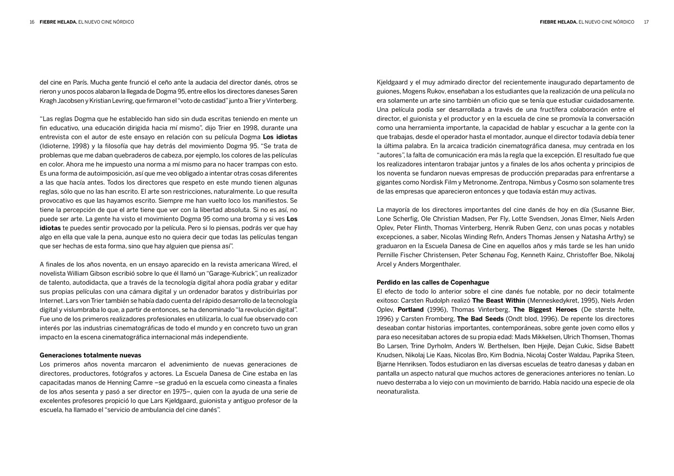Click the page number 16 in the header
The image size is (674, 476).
pyautogui.click(x=32, y=22)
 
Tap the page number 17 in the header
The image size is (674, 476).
pyautogui.click(x=646, y=22)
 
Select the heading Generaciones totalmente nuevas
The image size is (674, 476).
pyautogui.click(x=90, y=355)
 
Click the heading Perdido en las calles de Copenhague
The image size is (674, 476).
pyautogui.click(x=433, y=282)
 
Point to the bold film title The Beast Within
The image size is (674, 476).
pyautogui.click(x=498, y=300)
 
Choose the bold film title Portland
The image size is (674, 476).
pyautogui.click(x=410, y=309)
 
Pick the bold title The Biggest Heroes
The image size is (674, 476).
pyautogui.click(x=538, y=309)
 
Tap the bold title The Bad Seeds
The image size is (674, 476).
pyautogui.click(x=480, y=318)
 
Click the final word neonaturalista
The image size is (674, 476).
pyautogui.click(x=398, y=392)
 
